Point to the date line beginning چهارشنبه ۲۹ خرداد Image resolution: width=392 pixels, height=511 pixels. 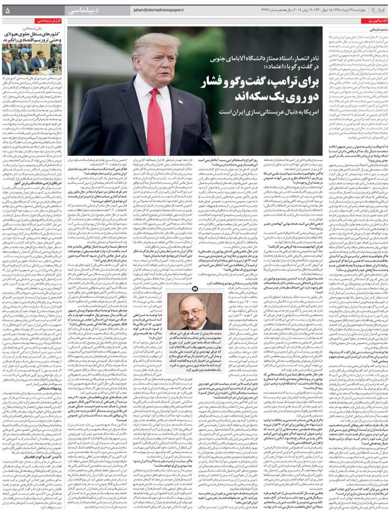point(324,11)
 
